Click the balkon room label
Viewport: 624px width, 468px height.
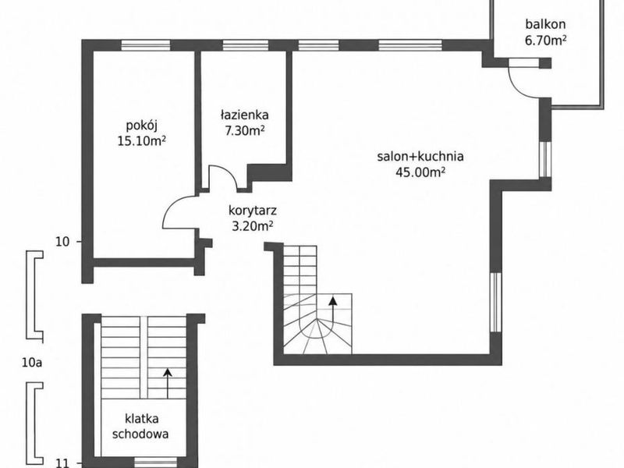545,24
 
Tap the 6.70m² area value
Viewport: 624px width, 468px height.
545,41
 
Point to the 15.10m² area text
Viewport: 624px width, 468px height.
142,141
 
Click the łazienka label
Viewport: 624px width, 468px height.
245,115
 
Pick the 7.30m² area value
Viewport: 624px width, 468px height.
245,130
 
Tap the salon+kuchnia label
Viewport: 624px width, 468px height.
420,156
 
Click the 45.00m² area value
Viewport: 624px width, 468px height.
420,172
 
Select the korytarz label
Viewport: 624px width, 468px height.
253,210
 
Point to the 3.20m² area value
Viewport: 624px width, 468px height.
252,225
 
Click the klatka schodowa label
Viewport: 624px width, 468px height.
140,426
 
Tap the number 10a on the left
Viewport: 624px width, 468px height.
32,363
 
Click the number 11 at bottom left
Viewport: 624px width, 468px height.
62,463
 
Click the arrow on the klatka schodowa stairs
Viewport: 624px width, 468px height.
168,383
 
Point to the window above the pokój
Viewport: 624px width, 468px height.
146,45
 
